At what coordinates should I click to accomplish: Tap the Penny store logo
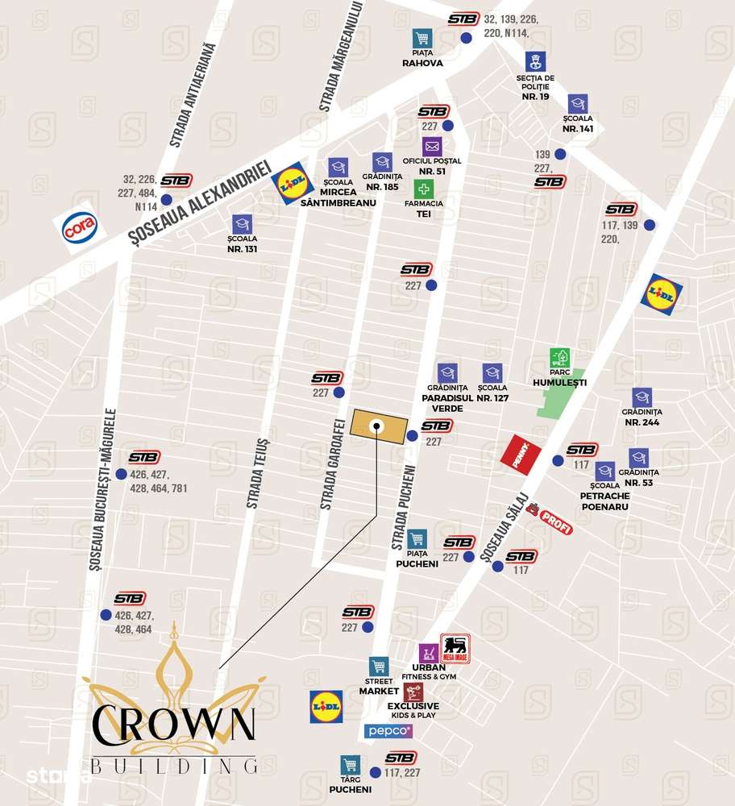[x=515, y=452]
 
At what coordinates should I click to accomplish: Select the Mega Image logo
[x=454, y=649]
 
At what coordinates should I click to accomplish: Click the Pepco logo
[x=388, y=731]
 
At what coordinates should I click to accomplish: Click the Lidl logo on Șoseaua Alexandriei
[x=292, y=185]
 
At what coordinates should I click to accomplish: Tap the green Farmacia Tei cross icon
[x=424, y=189]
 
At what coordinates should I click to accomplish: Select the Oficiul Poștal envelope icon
[x=432, y=147]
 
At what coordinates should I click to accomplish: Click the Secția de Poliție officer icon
[x=533, y=61]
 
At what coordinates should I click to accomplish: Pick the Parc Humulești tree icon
[x=559, y=358]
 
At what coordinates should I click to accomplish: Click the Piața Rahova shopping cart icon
[x=422, y=38]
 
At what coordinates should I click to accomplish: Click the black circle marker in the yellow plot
[x=376, y=426]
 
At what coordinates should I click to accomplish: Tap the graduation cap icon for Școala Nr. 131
[x=242, y=224]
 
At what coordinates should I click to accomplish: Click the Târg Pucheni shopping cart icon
[x=350, y=764]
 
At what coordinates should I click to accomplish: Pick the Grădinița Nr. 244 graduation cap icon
[x=642, y=397]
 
